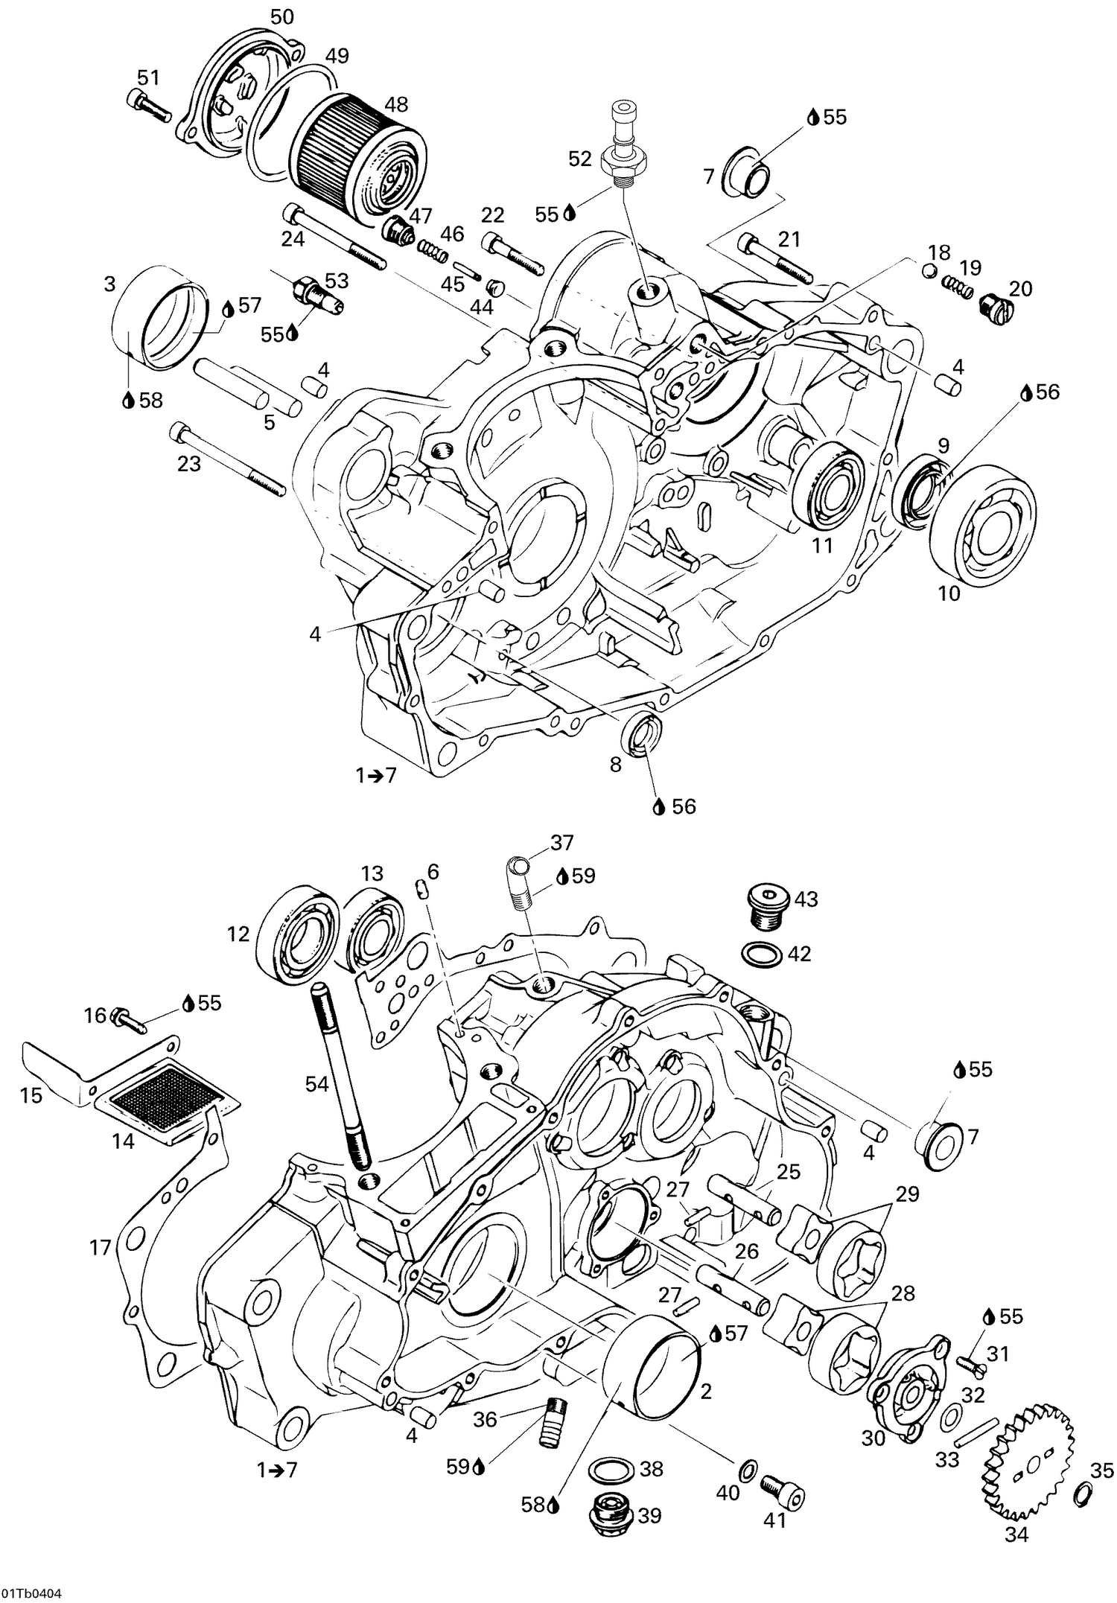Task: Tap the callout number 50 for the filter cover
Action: coord(281,17)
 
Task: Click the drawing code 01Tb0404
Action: coord(31,1593)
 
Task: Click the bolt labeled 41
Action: coord(783,1488)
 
